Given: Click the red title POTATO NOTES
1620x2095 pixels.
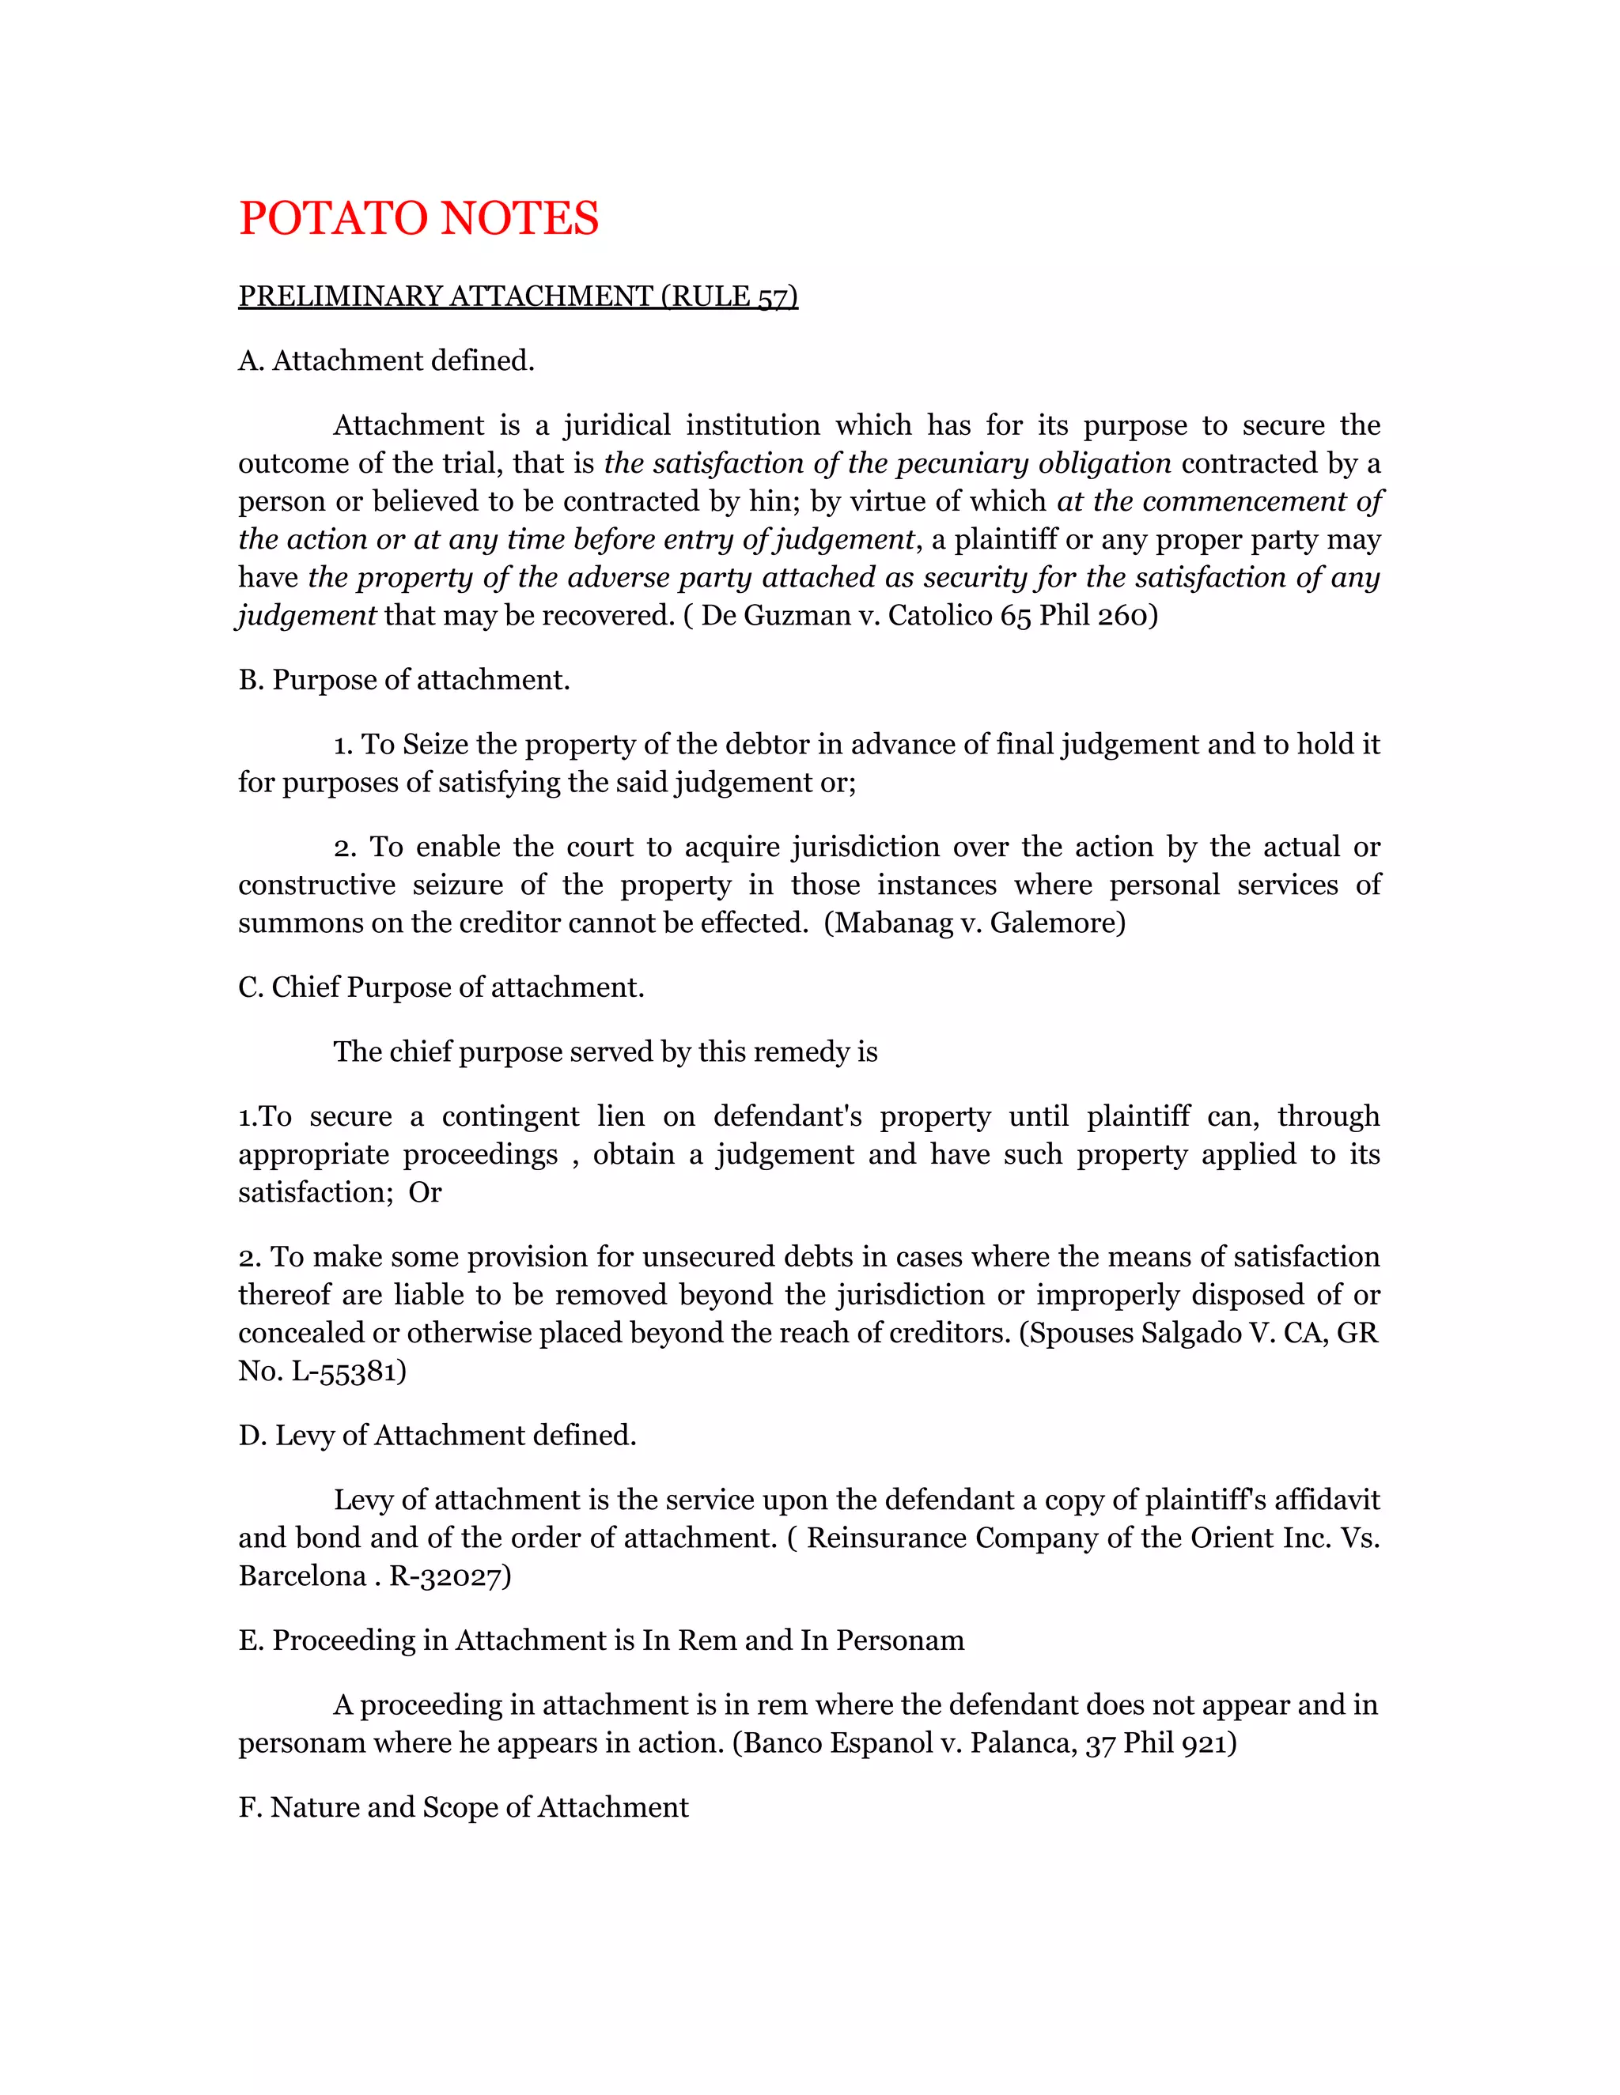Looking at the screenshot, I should pyautogui.click(x=418, y=219).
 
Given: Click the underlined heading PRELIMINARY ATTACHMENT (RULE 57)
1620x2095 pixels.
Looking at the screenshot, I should pyautogui.click(x=517, y=296).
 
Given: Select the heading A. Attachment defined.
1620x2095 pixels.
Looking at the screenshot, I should pyautogui.click(x=386, y=360).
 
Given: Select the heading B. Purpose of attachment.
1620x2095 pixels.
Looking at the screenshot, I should pyautogui.click(x=404, y=680).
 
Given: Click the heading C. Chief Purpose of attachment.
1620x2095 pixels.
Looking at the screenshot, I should pyautogui.click(x=441, y=987).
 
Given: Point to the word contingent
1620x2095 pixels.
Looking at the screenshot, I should pyautogui.click(x=510, y=1116).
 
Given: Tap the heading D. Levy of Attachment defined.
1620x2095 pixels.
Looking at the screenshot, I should pyautogui.click(x=437, y=1435).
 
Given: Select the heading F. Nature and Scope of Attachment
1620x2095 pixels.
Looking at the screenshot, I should pyautogui.click(x=463, y=1807).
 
